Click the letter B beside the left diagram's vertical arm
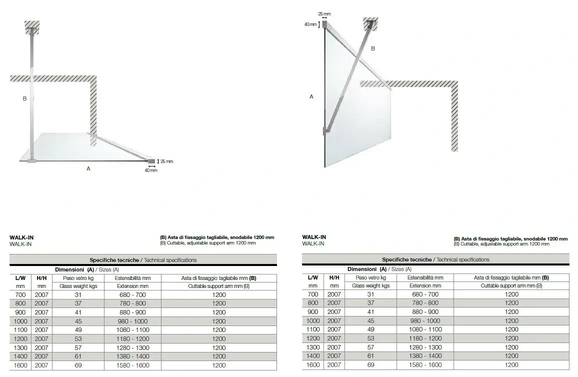24,98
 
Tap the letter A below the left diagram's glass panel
88,168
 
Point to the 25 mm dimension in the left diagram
167,161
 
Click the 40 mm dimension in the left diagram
151,170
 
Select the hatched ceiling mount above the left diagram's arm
32,27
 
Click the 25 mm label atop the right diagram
324,14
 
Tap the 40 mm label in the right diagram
310,24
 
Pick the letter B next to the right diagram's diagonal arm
372,48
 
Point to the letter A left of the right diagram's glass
311,96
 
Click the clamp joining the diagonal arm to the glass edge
325,132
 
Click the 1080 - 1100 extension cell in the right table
425,329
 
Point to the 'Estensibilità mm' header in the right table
425,277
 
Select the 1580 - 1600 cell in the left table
132,365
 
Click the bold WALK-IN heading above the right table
314,237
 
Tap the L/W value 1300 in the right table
312,347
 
